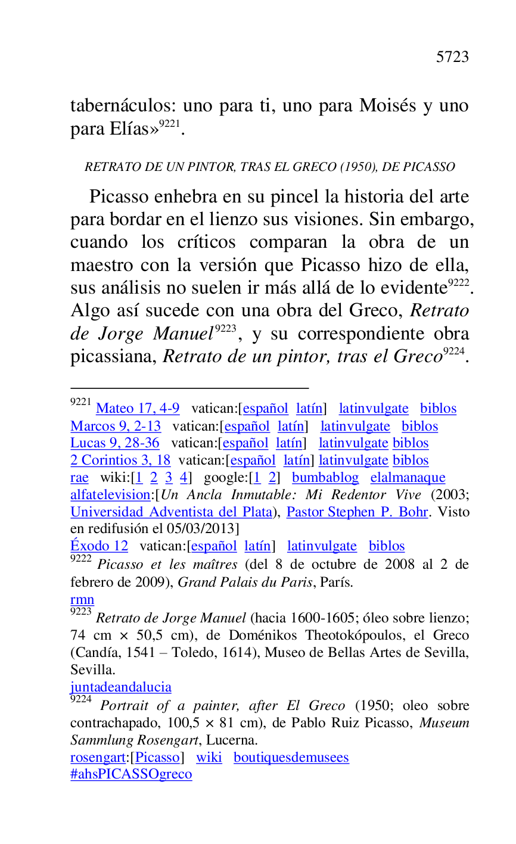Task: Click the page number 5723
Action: [452, 57]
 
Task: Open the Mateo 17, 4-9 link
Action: [138, 409]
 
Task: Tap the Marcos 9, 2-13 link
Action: [116, 426]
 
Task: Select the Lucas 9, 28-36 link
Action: [115, 443]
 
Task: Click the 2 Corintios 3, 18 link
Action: [120, 460]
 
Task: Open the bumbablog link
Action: [325, 478]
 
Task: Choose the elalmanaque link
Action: [408, 478]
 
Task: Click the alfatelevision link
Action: [110, 495]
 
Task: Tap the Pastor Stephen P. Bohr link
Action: [357, 512]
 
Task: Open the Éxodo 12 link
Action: [99, 546]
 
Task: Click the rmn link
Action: [82, 600]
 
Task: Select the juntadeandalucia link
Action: [121, 687]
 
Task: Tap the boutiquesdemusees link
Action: [291, 758]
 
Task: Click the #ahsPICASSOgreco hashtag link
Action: [131, 774]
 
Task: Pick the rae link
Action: [79, 478]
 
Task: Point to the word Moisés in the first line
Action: [387, 106]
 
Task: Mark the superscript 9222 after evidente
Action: [459, 284]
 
